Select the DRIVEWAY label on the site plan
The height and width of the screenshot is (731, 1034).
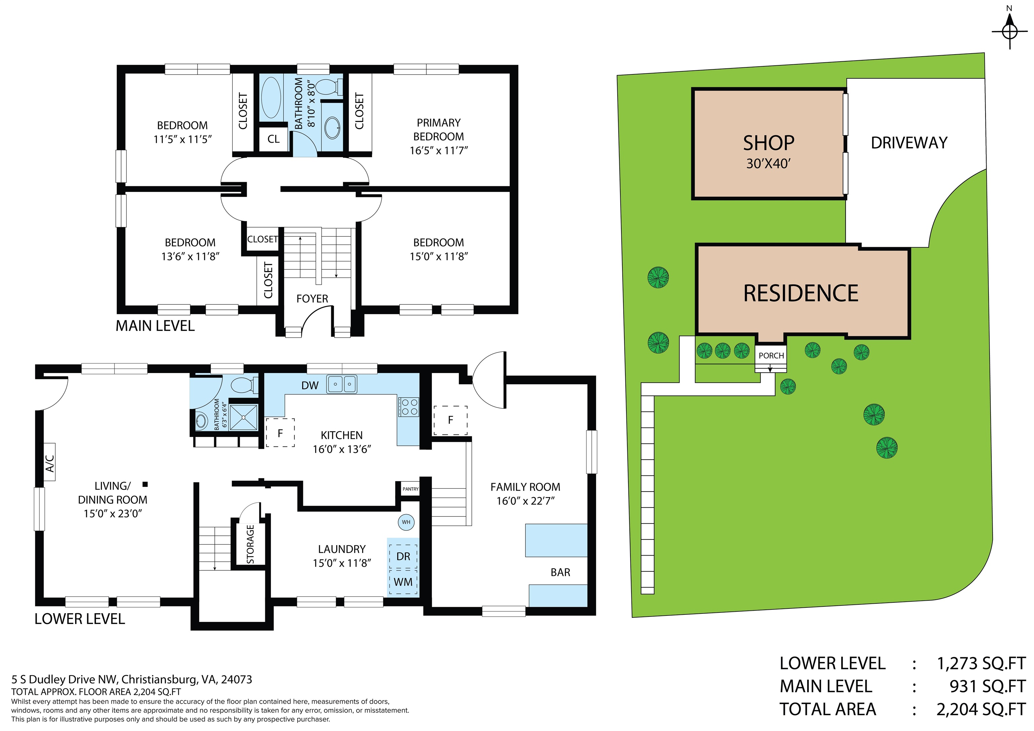click(909, 143)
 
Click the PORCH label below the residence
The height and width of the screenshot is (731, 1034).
click(771, 355)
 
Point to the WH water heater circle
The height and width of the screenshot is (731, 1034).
click(406, 522)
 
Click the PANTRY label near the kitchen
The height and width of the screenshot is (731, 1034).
click(410, 489)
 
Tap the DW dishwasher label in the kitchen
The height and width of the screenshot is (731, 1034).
click(310, 386)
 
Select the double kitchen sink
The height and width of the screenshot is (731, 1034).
click(342, 384)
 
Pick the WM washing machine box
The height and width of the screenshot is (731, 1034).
click(403, 582)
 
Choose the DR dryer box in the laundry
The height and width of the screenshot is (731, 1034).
click(403, 556)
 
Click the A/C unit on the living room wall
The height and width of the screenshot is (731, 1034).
click(49, 463)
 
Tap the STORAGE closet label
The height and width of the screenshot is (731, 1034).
click(250, 544)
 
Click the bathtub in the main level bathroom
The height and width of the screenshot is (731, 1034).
click(271, 97)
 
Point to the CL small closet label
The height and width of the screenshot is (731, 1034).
click(273, 139)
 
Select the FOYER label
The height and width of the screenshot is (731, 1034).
click(312, 299)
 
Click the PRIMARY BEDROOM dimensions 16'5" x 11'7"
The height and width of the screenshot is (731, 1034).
click(438, 151)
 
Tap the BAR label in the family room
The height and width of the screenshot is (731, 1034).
click(560, 572)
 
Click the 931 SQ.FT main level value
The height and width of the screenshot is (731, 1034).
click(987, 686)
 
